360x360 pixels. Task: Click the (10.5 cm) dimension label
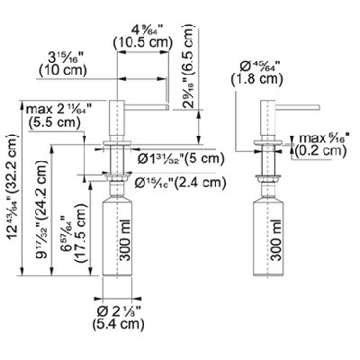[140, 42]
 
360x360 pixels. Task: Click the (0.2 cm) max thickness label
[319, 151]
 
